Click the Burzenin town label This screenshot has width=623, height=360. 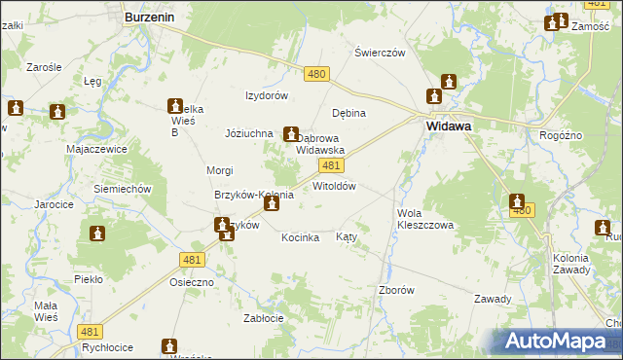click(x=149, y=17)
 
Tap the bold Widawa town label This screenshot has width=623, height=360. click(x=449, y=126)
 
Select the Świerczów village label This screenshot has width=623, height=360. click(x=380, y=53)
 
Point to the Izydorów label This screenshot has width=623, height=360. click(x=267, y=95)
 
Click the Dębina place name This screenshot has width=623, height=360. click(x=348, y=113)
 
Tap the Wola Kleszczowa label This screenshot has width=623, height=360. click(x=425, y=218)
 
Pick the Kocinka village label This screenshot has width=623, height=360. click(x=301, y=237)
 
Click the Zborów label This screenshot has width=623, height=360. click(x=396, y=290)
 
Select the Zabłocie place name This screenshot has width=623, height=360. click(x=264, y=317)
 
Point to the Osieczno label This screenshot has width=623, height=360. click(x=191, y=282)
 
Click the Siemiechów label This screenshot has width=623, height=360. click(x=121, y=188)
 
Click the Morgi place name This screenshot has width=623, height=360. click(x=219, y=170)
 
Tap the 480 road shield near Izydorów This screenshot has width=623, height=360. click(x=316, y=74)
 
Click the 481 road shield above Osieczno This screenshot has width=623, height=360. click(x=191, y=259)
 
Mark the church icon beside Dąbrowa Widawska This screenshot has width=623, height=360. click(x=291, y=134)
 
